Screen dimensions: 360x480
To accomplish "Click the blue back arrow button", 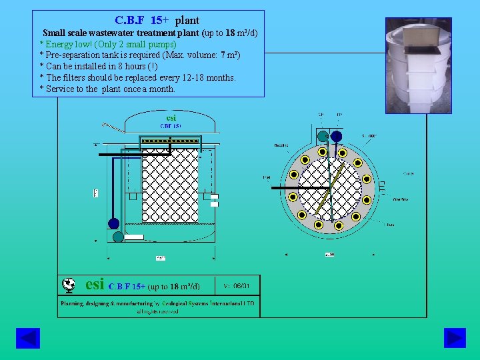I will (27, 338).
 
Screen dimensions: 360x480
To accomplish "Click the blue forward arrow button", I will (455, 338).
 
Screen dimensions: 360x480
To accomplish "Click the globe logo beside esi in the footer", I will (68, 285).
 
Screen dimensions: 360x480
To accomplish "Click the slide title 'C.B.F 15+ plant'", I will (157, 20).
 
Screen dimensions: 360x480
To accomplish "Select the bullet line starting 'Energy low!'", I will (108, 44).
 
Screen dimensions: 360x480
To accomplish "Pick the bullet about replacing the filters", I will (137, 77).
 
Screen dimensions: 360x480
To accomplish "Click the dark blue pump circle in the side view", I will (113, 224).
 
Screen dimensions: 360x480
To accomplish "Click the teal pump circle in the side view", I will (118, 236).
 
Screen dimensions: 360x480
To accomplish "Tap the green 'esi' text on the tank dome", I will (171, 118).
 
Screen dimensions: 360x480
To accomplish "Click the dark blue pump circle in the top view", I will (337, 136).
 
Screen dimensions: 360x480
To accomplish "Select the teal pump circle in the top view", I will (323, 136).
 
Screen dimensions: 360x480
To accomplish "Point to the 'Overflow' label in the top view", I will (400, 199).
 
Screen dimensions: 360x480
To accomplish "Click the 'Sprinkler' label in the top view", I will (369, 135).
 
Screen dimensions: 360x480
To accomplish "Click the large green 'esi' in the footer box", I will (95, 285).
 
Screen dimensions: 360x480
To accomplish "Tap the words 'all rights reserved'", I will (157, 311).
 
